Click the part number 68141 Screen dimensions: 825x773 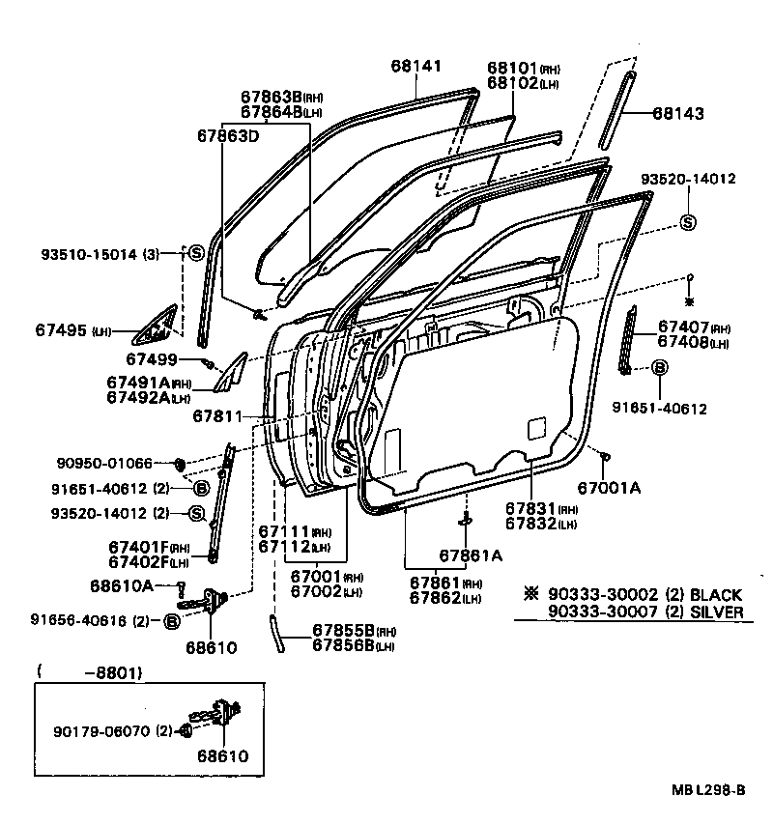[415, 66]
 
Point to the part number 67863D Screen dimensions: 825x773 [228, 136]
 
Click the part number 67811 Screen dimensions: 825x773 [215, 416]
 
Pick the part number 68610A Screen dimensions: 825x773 [122, 585]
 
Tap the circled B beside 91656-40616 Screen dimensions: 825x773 [171, 621]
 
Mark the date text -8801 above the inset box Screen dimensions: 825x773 [93, 670]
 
